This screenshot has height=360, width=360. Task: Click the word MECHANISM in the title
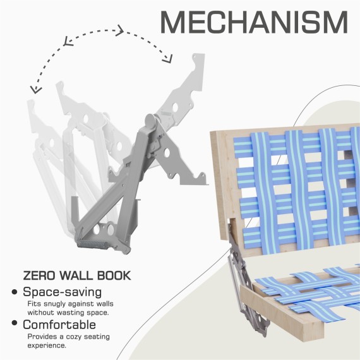[x=254, y=22]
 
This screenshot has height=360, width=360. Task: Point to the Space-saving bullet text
[x=63, y=292]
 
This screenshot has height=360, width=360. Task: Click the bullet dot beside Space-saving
[x=15, y=292]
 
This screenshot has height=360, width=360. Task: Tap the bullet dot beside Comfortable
[x=15, y=323]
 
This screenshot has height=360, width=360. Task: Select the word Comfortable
[x=59, y=325]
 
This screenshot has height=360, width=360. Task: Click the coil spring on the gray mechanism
[x=92, y=244]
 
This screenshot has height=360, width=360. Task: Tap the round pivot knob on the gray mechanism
[x=150, y=121]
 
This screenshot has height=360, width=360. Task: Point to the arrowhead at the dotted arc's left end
[x=35, y=90]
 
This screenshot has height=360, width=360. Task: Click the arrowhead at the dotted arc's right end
[x=167, y=59]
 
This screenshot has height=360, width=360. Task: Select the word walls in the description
[x=105, y=304]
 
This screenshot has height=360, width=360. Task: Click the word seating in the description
[x=97, y=337]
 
